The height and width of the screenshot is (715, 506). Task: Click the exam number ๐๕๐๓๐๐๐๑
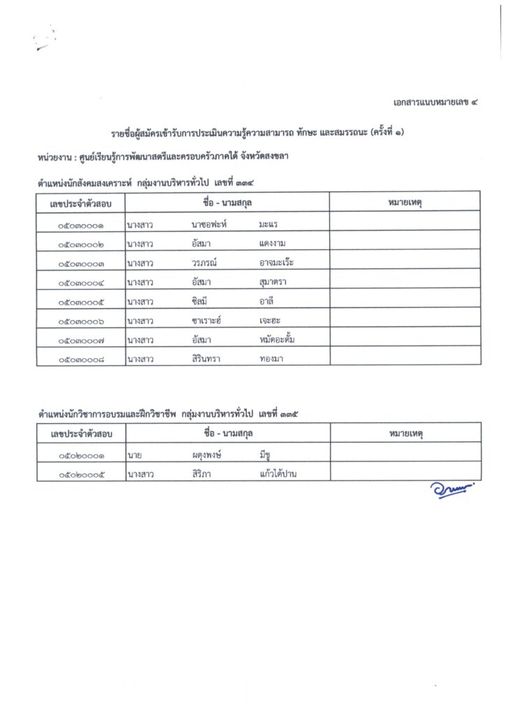(x=81, y=225)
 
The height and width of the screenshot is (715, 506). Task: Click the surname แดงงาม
(x=273, y=244)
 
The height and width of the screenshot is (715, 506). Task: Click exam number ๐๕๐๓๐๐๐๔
(x=81, y=283)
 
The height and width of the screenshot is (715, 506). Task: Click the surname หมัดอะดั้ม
(x=278, y=340)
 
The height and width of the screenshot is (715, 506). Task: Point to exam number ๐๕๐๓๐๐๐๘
(x=81, y=359)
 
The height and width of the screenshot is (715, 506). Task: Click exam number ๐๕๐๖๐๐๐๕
(x=81, y=475)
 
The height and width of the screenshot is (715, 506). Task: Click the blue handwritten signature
(x=451, y=491)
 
